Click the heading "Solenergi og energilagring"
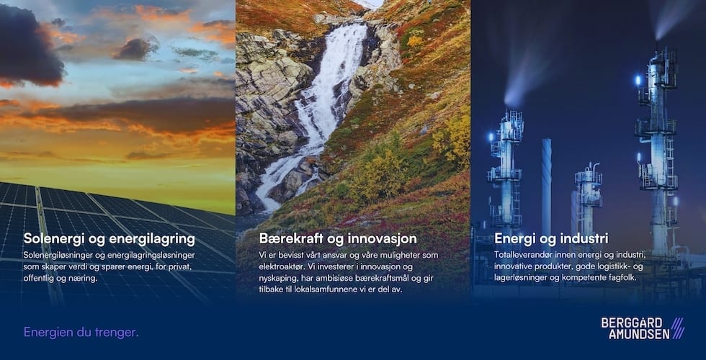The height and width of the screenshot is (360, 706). click(109, 239)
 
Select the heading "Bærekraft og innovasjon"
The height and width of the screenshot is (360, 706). click(338, 238)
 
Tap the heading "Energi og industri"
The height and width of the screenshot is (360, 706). click(551, 238)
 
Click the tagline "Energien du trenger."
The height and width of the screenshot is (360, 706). click(81, 332)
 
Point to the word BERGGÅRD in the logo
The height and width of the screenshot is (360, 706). click(632, 323)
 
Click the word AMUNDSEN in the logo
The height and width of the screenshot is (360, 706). click(639, 334)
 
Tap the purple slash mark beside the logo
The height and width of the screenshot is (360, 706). click(678, 328)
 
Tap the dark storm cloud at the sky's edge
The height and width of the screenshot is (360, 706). click(30, 45)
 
